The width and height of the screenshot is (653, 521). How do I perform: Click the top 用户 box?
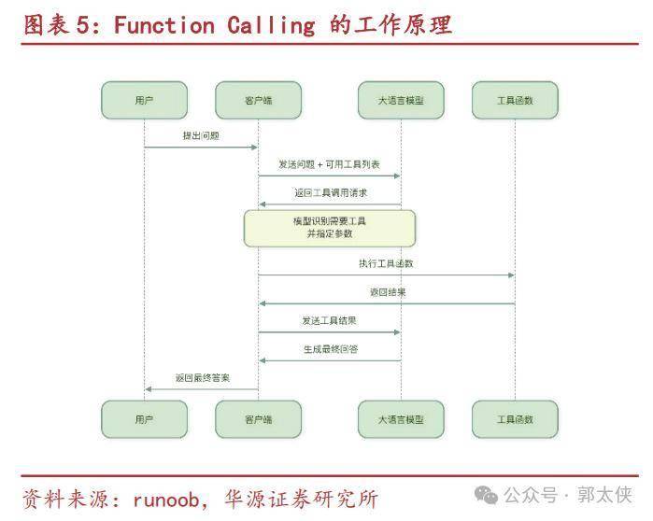[144, 100]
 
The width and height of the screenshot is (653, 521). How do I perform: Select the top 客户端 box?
[258, 100]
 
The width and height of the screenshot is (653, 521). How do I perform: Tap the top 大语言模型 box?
[401, 100]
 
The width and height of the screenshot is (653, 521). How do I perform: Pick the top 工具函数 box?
[515, 100]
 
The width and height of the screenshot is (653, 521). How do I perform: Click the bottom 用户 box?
[144, 419]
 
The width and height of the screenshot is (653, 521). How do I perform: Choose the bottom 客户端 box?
[258, 419]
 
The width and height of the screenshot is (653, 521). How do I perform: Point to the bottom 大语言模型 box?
[401, 419]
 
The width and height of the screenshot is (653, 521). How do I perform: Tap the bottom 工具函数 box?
[515, 419]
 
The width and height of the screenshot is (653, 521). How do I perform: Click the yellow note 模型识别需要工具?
[330, 228]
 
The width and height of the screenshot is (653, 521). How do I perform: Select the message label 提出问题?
[201, 136]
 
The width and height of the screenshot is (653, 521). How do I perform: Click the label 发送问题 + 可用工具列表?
[329, 164]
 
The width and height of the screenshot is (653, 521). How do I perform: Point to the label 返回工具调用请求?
[329, 192]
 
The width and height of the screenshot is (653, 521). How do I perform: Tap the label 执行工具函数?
[386, 263]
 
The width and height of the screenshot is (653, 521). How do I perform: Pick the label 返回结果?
[387, 292]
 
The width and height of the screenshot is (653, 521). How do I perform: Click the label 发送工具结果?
[329, 320]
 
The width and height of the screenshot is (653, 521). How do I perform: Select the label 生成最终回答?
[329, 348]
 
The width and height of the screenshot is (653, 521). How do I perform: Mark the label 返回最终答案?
[202, 377]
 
